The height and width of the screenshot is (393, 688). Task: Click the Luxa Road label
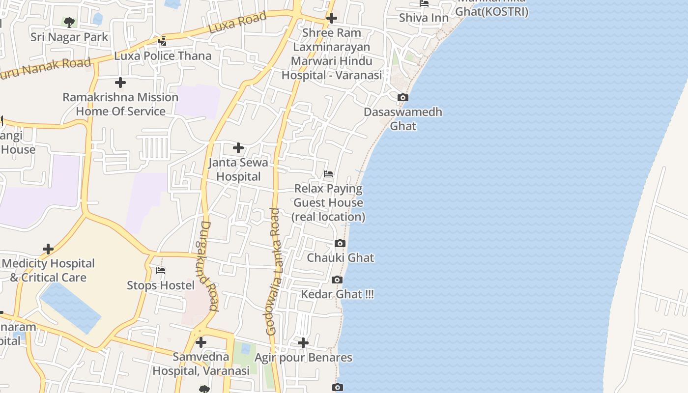coord(238,23)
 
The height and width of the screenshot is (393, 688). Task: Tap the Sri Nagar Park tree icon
coord(69,22)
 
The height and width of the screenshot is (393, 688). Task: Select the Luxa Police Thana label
coord(163,56)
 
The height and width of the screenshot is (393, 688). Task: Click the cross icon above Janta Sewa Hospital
coord(238,148)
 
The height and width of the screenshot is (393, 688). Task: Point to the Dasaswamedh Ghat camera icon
coord(403,97)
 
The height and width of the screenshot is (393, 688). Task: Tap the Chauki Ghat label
coord(340,257)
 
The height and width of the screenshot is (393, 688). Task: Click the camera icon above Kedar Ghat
coord(337,280)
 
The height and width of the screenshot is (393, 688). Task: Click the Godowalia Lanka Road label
coord(273,272)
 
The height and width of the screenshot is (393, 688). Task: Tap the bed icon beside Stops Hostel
coord(161,271)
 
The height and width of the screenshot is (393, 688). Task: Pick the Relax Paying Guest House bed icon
coord(328,174)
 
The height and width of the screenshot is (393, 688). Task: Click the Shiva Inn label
coord(424,18)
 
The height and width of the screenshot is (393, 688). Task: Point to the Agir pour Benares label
coord(303,357)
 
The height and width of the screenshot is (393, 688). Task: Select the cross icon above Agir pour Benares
coord(303,342)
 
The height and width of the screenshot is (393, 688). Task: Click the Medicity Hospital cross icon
coord(48,249)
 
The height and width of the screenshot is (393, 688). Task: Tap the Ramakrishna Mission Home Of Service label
coord(120,104)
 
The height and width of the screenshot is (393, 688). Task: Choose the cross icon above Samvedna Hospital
coord(201,342)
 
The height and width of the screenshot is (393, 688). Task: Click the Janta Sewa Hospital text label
coord(239,169)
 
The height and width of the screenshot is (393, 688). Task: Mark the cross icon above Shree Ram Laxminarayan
coord(332,19)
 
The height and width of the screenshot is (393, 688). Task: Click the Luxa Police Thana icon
coord(163,41)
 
